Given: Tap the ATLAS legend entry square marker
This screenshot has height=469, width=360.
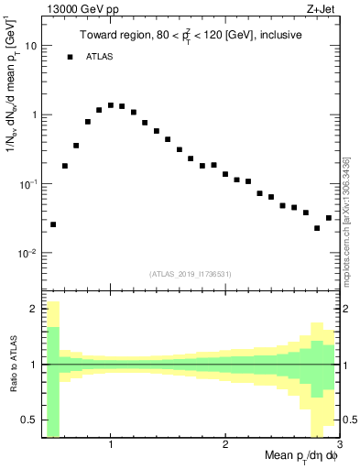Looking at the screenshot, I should coord(70,57).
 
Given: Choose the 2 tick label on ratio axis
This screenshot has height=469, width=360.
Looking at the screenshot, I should coord(33,309).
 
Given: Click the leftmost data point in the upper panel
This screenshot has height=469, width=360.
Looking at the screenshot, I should coord(53,224).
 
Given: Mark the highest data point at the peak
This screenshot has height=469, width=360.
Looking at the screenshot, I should coord(111,105).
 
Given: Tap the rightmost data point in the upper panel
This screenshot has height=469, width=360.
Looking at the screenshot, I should coord(329,218).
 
